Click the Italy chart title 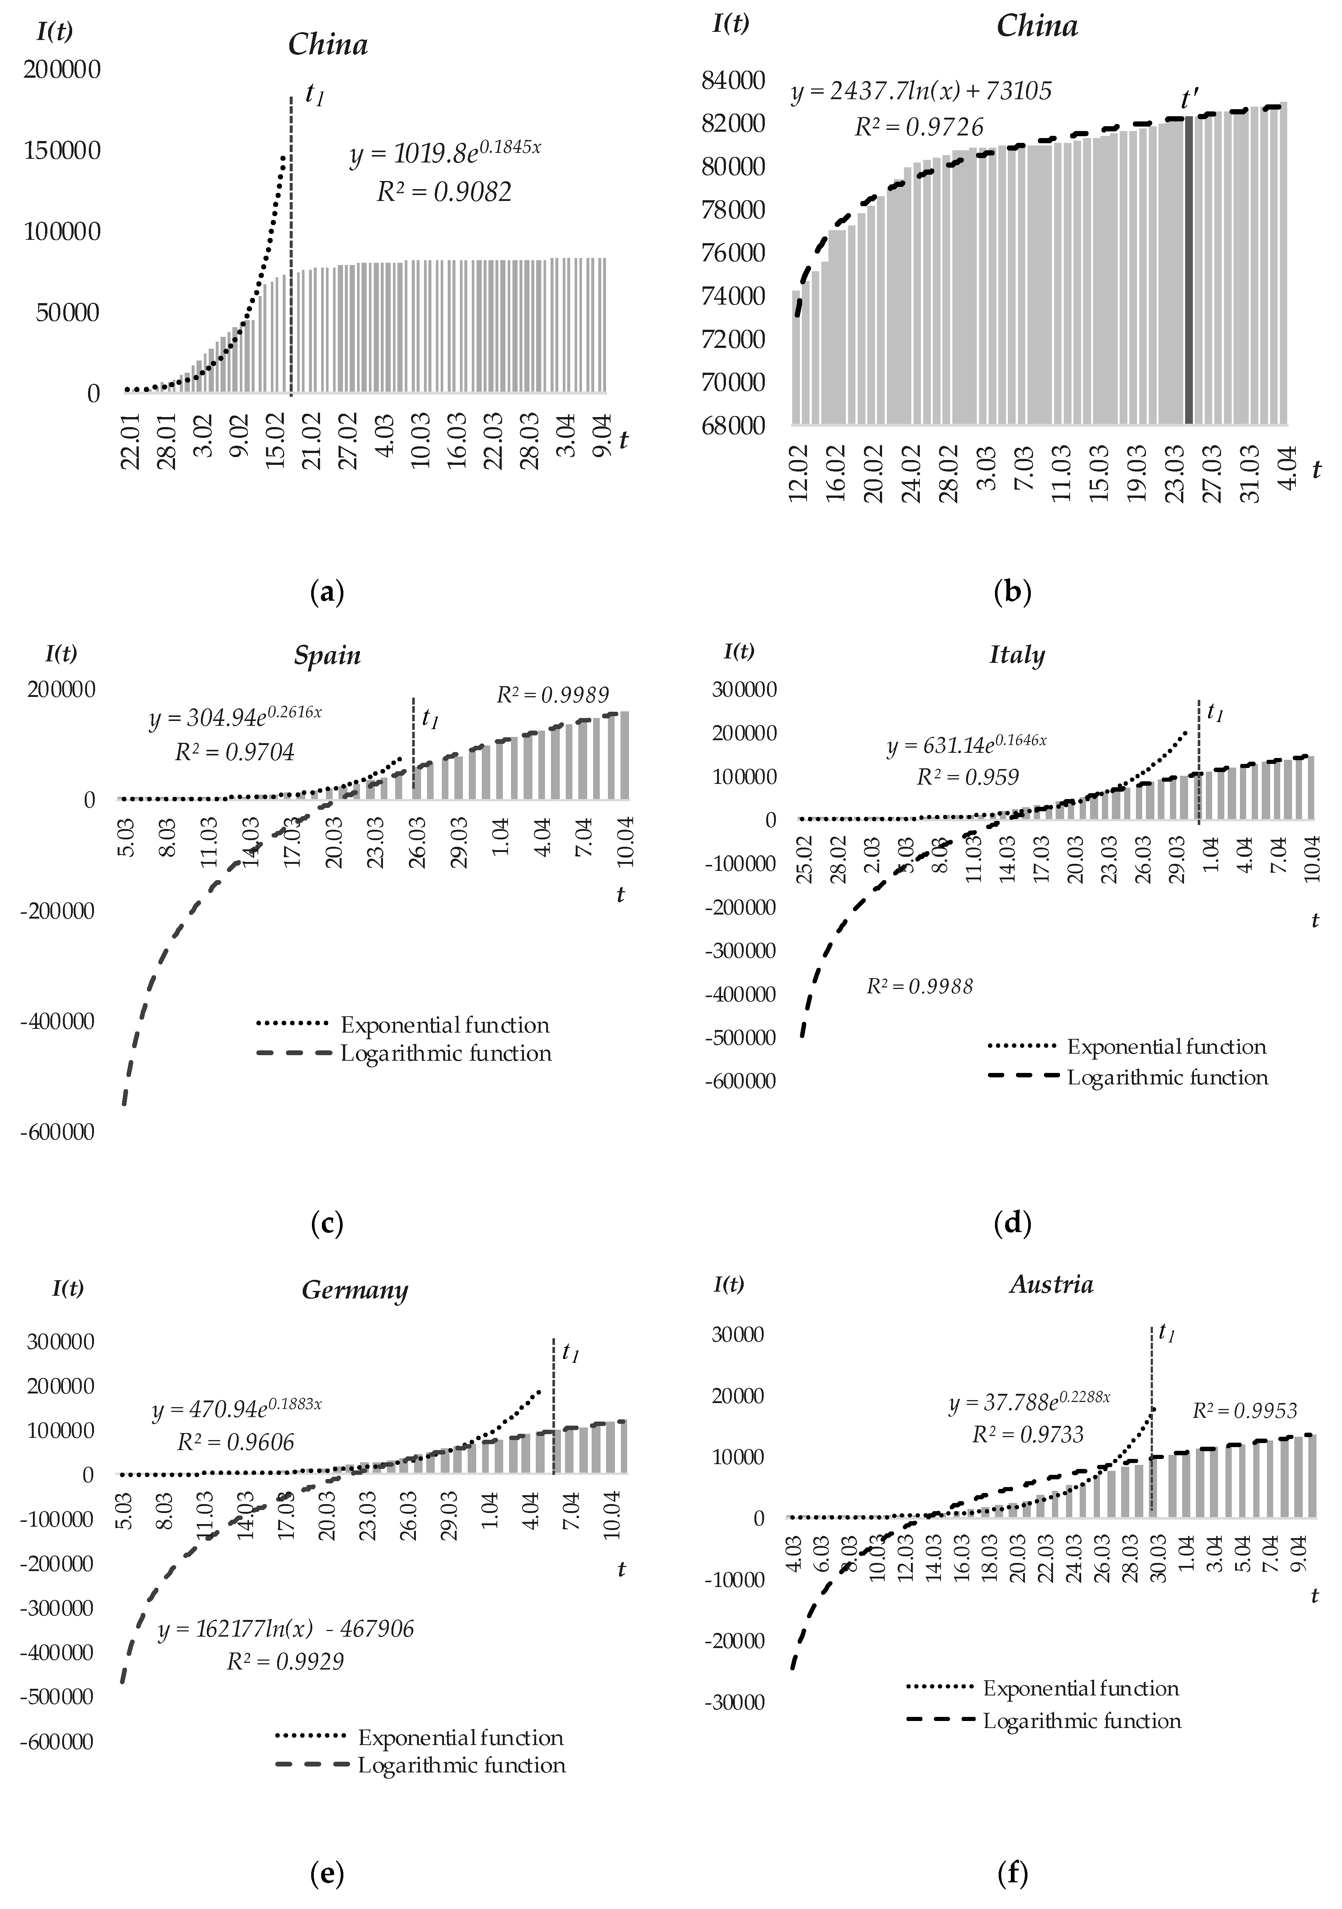coord(1016,655)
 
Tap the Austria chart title coord(1051,1285)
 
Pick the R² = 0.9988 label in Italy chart coord(919,987)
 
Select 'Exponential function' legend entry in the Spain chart coord(445,1025)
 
